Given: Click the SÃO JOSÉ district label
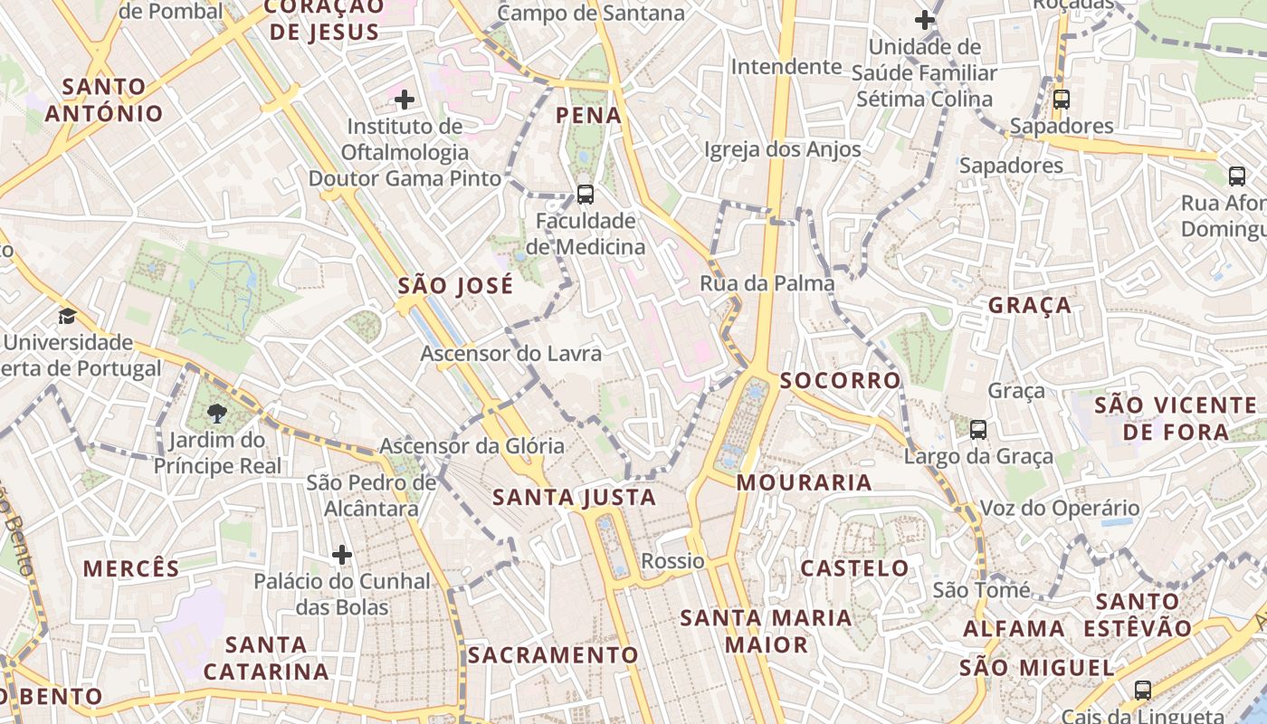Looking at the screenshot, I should point(455,286).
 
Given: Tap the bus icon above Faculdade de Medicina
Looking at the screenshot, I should point(585,194).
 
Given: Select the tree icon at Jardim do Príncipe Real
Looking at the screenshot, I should point(216,414).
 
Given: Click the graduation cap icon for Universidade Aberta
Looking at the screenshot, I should point(67,316).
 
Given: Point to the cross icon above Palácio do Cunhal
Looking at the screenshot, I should point(341,554).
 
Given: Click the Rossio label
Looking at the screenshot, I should point(672,561).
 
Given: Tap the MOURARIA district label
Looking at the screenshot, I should point(804,482).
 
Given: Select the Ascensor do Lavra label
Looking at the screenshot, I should point(510,353).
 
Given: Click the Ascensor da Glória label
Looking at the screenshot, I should point(472,446).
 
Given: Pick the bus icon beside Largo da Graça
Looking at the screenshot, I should point(977,429).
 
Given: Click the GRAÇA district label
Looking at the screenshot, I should point(1029,305).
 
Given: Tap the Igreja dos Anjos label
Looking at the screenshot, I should point(782,149).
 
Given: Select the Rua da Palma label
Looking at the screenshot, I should point(767,283).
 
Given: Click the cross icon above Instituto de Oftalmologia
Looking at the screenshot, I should point(405,99).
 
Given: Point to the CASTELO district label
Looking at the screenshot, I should point(854,568).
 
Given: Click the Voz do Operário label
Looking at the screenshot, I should point(1060,508).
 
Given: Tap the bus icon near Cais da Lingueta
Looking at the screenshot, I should point(1143,690).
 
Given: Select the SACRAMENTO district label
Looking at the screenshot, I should point(553,654).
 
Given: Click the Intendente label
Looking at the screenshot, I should point(786,67).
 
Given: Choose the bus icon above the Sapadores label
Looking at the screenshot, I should point(1061,99).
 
